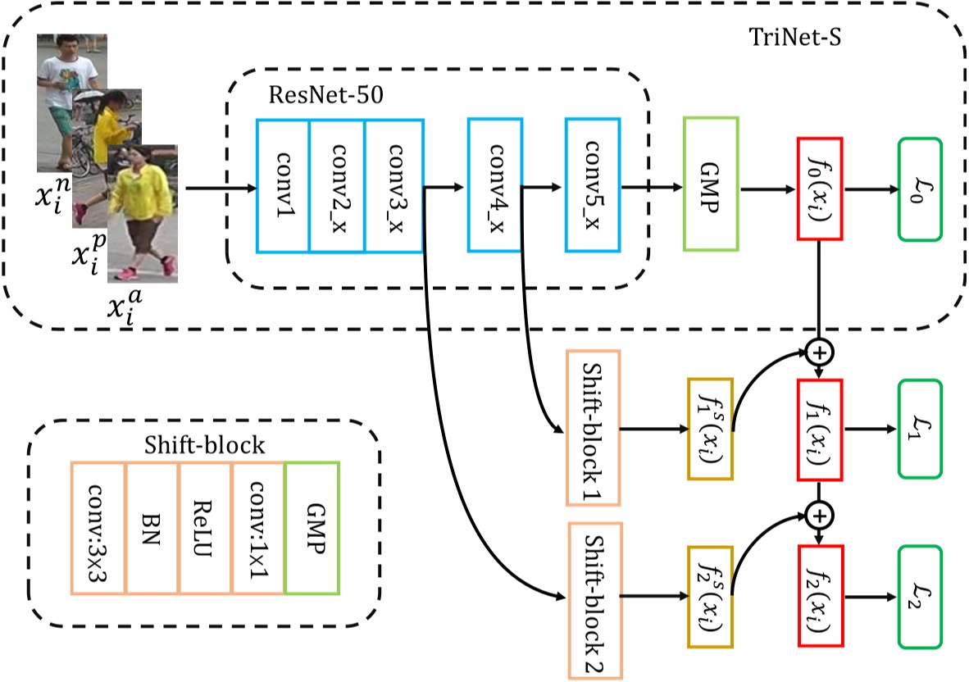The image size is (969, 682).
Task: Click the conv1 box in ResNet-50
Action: pyautogui.click(x=283, y=186)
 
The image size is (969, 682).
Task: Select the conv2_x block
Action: pyautogui.click(x=337, y=186)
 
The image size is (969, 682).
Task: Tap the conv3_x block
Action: pyautogui.click(x=394, y=186)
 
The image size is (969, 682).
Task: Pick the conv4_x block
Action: pyautogui.click(x=495, y=184)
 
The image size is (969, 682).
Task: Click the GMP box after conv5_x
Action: pyautogui.click(x=710, y=184)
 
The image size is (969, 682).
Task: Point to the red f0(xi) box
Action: pyautogui.click(x=820, y=189)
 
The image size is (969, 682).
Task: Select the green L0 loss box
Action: pyautogui.click(x=920, y=189)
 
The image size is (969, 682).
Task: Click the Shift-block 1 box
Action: pyautogui.click(x=593, y=427)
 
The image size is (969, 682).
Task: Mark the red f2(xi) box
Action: pyautogui.click(x=820, y=591)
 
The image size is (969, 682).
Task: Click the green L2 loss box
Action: pyautogui.click(x=920, y=591)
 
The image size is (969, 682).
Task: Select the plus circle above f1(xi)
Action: pyautogui.click(x=819, y=352)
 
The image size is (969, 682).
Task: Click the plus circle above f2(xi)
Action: pyautogui.click(x=819, y=516)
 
